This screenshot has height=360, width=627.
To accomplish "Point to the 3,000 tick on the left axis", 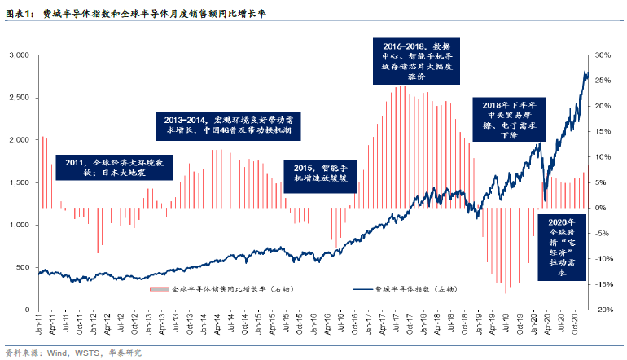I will pos(18,55).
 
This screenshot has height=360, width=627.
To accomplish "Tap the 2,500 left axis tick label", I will pos(18,97).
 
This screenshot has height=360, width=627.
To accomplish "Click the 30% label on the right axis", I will pos(603,55).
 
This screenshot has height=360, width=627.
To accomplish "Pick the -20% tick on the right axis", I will pos(603,310).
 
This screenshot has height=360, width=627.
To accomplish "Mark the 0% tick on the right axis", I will pos(601,208).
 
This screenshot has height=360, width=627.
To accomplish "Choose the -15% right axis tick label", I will pos(603,284).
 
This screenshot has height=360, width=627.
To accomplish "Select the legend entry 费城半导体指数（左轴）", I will pos(403,289).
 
